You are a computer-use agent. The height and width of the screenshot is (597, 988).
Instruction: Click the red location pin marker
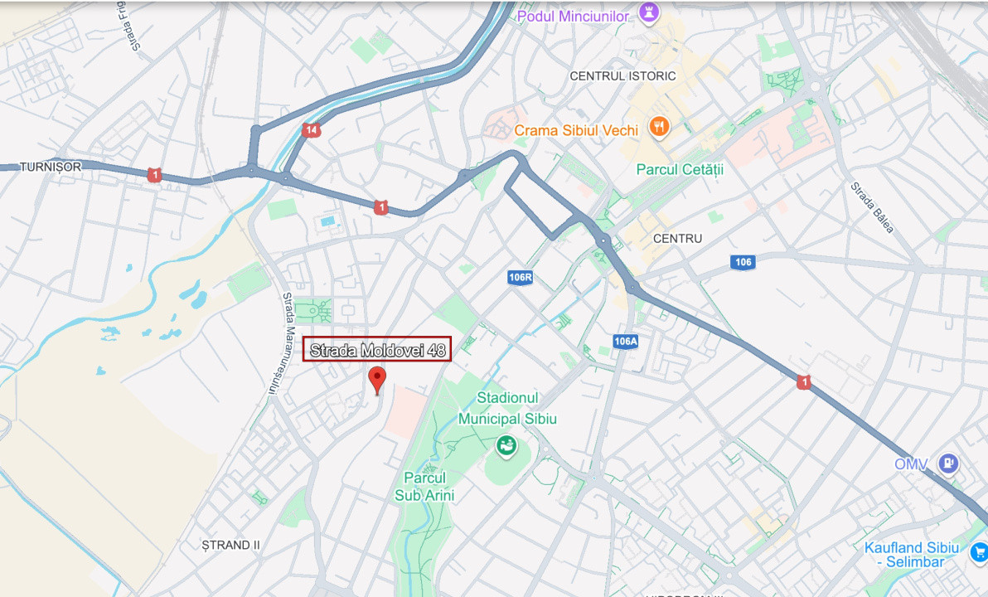coord(377,379)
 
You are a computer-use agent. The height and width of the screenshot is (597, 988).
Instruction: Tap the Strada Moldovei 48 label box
coord(378,350)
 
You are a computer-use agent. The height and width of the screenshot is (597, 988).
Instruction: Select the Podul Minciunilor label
coord(573,16)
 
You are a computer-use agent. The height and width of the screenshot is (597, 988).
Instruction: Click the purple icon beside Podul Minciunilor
coord(647,13)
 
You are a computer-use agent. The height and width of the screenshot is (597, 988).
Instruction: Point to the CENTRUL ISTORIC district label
coord(622,75)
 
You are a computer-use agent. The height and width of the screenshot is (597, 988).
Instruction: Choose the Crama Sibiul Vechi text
coord(576,130)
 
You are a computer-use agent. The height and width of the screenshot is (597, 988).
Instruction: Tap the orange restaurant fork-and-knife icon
coord(660,127)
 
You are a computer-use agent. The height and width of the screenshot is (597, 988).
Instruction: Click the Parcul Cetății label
coord(680,169)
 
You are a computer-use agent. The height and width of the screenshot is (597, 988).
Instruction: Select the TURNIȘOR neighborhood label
coord(51,167)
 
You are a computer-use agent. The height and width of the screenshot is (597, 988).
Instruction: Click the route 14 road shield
coord(311,130)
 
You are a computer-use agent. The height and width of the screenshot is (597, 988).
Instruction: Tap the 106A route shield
coord(626,341)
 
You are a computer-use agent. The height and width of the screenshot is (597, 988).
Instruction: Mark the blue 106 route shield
coord(743,262)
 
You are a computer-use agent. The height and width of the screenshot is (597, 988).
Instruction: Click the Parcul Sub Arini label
coord(424,487)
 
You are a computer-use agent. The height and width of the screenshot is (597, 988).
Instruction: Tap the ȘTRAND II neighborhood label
coord(231,545)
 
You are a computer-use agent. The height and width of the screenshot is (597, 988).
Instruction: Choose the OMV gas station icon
coord(948,464)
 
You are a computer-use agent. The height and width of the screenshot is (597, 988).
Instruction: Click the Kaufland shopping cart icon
coord(979,551)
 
